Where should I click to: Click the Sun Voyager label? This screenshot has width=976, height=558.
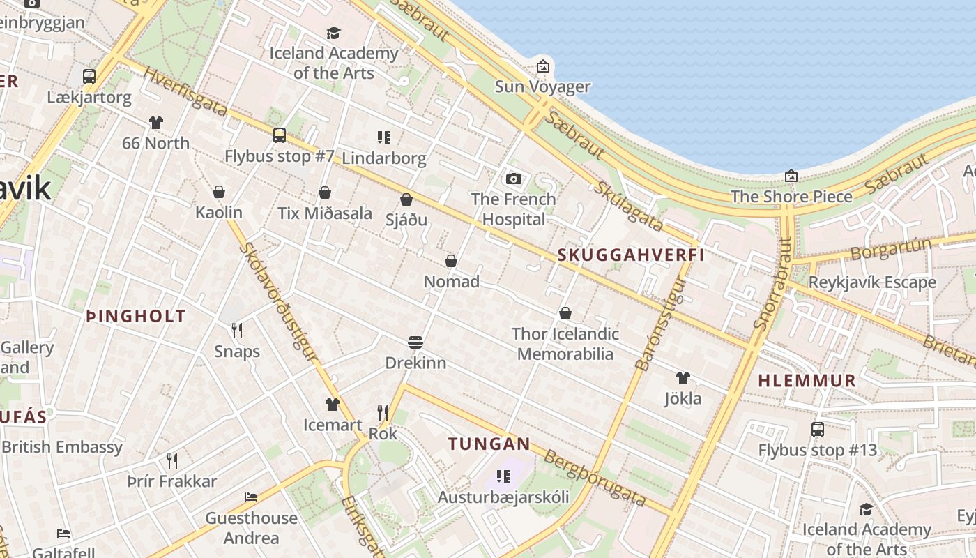tap(542, 87)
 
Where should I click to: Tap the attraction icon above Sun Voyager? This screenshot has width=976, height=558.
tap(542, 67)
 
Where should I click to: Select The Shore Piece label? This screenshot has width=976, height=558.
tap(791, 197)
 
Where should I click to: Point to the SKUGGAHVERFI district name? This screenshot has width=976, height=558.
tap(631, 255)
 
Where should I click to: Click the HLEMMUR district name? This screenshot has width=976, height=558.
tap(807, 381)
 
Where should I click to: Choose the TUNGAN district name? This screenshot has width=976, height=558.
tap(489, 444)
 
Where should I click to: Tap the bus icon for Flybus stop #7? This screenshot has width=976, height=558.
tap(280, 135)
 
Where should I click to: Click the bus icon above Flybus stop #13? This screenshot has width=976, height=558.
tap(818, 430)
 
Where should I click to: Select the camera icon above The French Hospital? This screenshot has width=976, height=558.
tap(514, 179)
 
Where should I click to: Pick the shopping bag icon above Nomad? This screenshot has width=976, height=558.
tap(451, 261)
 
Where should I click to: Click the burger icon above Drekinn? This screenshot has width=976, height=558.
tap(415, 342)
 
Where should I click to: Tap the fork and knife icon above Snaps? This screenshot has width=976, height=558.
tap(237, 331)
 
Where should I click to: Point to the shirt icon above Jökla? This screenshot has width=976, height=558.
tap(683, 378)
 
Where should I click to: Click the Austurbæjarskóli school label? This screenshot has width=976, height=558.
tap(503, 497)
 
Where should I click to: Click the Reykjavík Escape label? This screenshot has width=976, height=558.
tap(872, 282)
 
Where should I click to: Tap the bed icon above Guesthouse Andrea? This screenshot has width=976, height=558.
tap(251, 497)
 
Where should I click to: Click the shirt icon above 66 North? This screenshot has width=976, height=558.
tap(155, 123)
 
